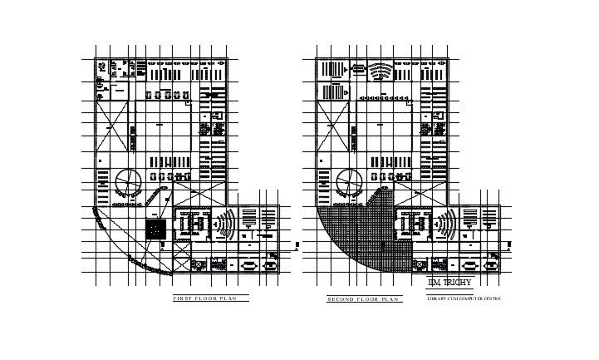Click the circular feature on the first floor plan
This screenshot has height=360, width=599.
click(x=128, y=180)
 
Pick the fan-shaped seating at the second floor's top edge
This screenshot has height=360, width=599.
click(x=381, y=72)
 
